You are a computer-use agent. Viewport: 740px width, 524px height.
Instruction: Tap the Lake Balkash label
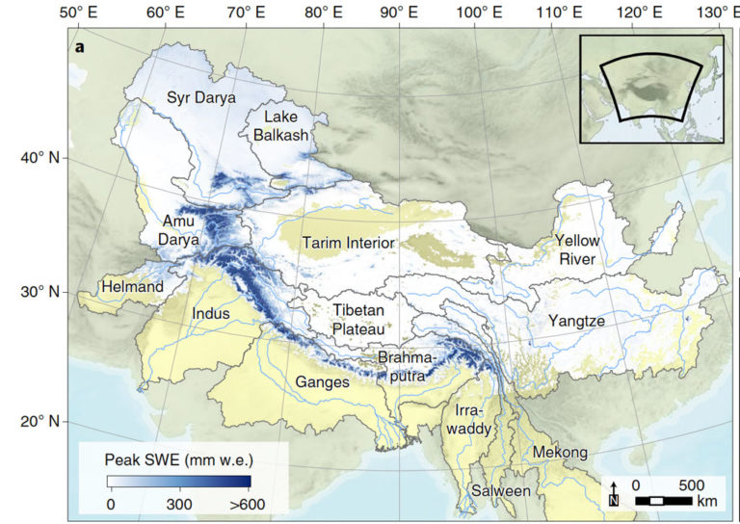pyautogui.click(x=280, y=126)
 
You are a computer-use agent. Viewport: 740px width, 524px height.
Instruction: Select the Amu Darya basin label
pyautogui.click(x=180, y=230)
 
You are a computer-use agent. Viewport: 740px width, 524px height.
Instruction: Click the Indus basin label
pyautogui.click(x=211, y=313)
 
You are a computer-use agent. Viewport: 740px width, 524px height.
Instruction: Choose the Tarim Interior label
pyautogui.click(x=348, y=243)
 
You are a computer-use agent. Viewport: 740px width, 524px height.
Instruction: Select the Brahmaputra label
pyautogui.click(x=406, y=365)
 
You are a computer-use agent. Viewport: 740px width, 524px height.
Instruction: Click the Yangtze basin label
pyautogui.click(x=576, y=320)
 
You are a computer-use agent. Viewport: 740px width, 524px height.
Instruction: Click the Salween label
pyautogui.click(x=500, y=491)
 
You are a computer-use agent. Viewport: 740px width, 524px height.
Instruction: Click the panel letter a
pyautogui.click(x=80, y=47)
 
